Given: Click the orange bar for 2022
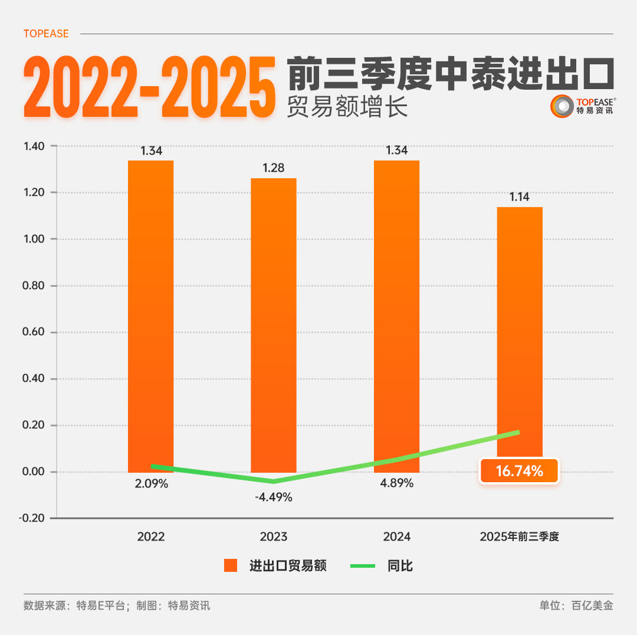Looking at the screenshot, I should tap(151, 313).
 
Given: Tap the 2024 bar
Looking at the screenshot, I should tap(396, 313).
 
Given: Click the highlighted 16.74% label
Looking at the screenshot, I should tap(519, 471).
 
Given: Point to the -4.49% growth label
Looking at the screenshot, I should tap(274, 497).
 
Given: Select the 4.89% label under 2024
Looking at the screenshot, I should tap(396, 483).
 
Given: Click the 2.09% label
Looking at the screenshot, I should tap(151, 484).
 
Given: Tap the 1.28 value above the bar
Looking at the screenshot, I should tap(274, 168).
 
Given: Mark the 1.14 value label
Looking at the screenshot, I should tap(520, 197).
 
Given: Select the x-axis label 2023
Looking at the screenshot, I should tap(274, 537).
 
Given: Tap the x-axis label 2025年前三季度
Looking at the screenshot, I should tap(519, 537).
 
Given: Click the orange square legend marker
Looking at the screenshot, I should tap(231, 566).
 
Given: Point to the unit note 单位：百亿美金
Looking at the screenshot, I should tap(576, 605).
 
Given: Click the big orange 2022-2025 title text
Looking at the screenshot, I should tap(150, 87).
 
